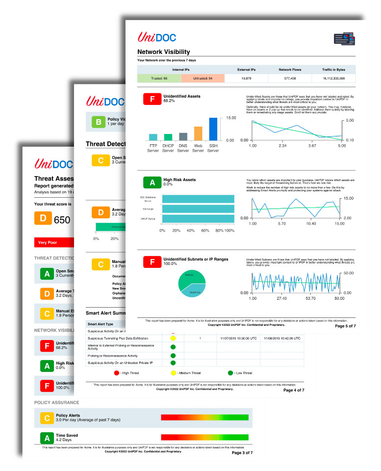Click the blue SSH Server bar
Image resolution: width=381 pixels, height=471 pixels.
click(x=213, y=129)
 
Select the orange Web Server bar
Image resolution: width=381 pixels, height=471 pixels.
click(x=198, y=133)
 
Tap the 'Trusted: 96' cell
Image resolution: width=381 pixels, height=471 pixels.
click(x=159, y=78)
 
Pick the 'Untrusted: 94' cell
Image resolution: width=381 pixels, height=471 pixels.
click(x=203, y=78)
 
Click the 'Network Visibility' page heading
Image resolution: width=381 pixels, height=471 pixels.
click(x=163, y=52)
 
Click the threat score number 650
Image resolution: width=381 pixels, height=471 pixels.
click(x=62, y=220)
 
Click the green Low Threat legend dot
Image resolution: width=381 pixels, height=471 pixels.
click(x=230, y=373)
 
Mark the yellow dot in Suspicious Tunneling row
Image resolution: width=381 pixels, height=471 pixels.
click(x=173, y=339)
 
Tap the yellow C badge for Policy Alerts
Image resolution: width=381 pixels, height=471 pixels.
click(x=47, y=418)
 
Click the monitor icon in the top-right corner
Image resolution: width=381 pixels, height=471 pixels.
click(x=344, y=39)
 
